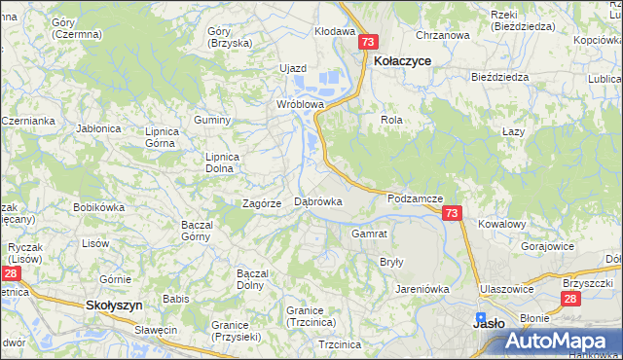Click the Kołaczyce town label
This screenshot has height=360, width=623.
click(x=403, y=59)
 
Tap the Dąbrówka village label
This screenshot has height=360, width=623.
click(x=318, y=201)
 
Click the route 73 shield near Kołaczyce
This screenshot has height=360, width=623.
click(x=367, y=43)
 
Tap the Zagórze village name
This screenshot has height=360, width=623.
click(x=262, y=203)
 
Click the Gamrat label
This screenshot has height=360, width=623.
click(x=370, y=234)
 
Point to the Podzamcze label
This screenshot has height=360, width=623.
click(x=415, y=198)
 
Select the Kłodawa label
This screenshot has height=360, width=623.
click(x=334, y=31)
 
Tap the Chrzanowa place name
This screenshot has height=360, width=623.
click(x=442, y=35)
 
